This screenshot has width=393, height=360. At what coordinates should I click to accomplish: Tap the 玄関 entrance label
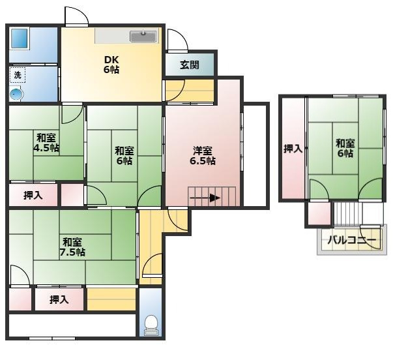pyautogui.click(x=190, y=65)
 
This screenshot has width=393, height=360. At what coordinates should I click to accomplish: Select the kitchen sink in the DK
pyautogui.click(x=143, y=36)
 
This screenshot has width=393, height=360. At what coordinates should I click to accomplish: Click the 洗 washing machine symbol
pyautogui.click(x=18, y=76)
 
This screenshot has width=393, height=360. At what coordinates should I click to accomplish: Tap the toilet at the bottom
pyautogui.click(x=151, y=324)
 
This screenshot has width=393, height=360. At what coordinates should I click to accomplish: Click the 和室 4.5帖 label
pyautogui.click(x=45, y=142)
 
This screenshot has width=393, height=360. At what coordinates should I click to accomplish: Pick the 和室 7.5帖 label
pyautogui.click(x=72, y=246)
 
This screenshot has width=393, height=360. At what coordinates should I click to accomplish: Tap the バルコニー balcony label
pyautogui.click(x=351, y=241)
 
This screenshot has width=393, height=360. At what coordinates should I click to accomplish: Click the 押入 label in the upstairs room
pyautogui.click(x=293, y=149)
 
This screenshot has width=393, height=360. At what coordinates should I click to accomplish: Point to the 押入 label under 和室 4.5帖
pyautogui.click(x=33, y=195)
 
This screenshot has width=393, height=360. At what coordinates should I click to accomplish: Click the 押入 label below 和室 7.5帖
pyautogui.click(x=59, y=299)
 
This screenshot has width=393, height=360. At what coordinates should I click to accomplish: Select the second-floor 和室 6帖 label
pyautogui.click(x=345, y=148)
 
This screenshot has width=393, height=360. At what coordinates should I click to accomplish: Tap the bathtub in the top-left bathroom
pyautogui.click(x=20, y=38)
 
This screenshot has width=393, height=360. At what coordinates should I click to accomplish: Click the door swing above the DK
pyautogui.click(x=76, y=18)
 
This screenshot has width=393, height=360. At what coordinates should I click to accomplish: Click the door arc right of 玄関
pyautogui.click(x=176, y=41)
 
